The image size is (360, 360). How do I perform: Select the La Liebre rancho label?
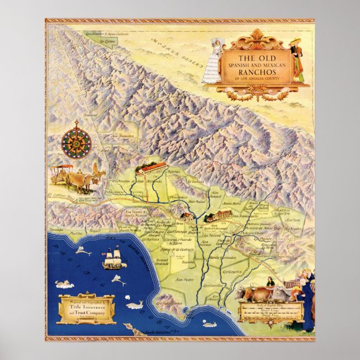click(99, 41)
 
